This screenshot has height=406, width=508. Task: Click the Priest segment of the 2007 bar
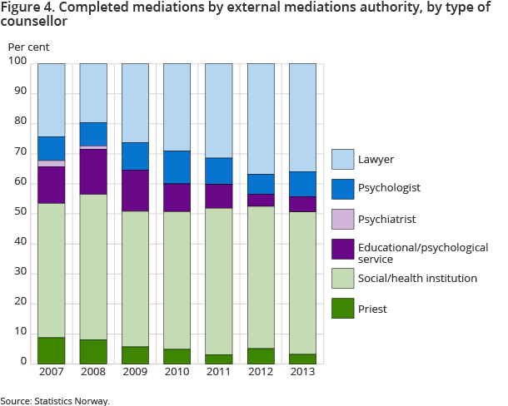[x=52, y=350]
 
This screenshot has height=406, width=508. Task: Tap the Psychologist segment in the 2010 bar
[x=177, y=167]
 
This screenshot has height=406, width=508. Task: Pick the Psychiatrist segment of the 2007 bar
[x=52, y=163]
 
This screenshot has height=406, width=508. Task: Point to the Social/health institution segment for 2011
[x=219, y=281]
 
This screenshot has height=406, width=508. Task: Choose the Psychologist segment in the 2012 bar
[x=261, y=184]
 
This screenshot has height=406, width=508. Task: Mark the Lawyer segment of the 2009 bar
[x=135, y=102]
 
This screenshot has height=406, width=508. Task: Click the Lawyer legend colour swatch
[x=343, y=158]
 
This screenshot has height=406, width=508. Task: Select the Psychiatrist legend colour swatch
[x=343, y=218]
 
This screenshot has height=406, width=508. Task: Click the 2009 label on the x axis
[x=135, y=372]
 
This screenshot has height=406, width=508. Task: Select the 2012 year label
[x=261, y=372]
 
